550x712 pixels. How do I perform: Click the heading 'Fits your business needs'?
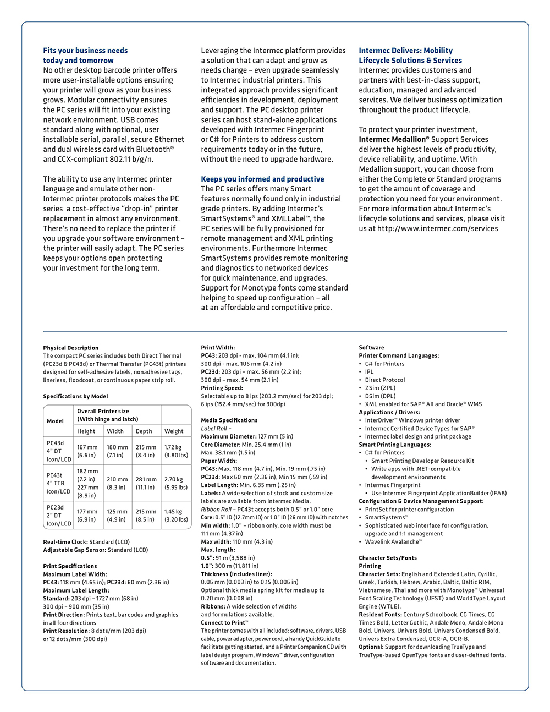click(x=85, y=51)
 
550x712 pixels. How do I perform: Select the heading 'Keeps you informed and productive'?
click(x=262, y=179)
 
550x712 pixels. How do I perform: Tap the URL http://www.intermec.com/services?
click(x=437, y=229)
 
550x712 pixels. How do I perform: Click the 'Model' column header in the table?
click(x=55, y=421)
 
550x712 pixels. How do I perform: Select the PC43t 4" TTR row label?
click(x=58, y=483)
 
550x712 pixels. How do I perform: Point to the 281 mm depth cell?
click(x=146, y=483)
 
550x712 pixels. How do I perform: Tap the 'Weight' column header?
click(x=174, y=431)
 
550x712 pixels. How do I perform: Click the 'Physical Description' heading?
click(x=71, y=348)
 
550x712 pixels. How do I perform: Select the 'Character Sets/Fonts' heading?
click(x=388, y=558)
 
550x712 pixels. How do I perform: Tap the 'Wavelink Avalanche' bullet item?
click(x=393, y=542)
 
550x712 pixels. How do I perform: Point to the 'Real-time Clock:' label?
click(x=65, y=542)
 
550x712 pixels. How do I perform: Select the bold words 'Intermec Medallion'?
click(x=393, y=140)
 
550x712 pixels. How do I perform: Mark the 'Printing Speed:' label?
click(x=222, y=388)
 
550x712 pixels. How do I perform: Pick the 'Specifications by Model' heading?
click(x=75, y=396)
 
